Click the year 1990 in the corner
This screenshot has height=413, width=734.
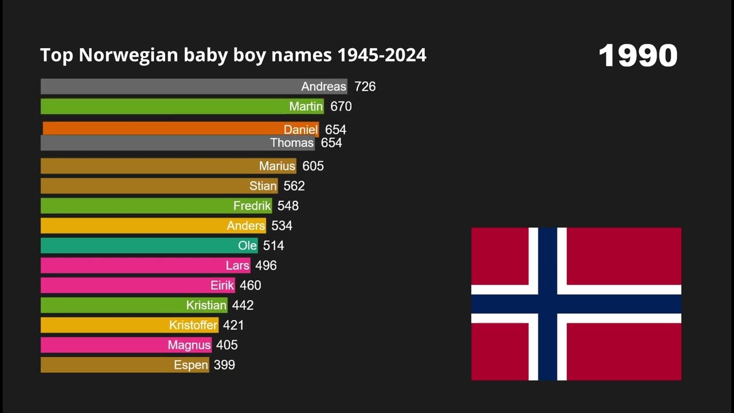638,56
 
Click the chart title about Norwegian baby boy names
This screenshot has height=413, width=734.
233,55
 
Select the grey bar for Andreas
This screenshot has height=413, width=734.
172,87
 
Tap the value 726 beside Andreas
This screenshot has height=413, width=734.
365,87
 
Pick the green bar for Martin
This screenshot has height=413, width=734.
166,107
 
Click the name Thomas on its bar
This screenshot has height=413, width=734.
292,143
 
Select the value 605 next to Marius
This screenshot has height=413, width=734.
313,166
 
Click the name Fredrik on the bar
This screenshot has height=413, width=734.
252,206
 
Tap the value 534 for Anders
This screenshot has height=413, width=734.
282,226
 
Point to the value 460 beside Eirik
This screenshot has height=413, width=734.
250,286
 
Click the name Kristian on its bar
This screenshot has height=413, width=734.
206,305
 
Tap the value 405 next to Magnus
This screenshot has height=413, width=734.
227,345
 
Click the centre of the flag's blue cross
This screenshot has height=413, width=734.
548,304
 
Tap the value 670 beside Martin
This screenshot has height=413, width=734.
341,107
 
